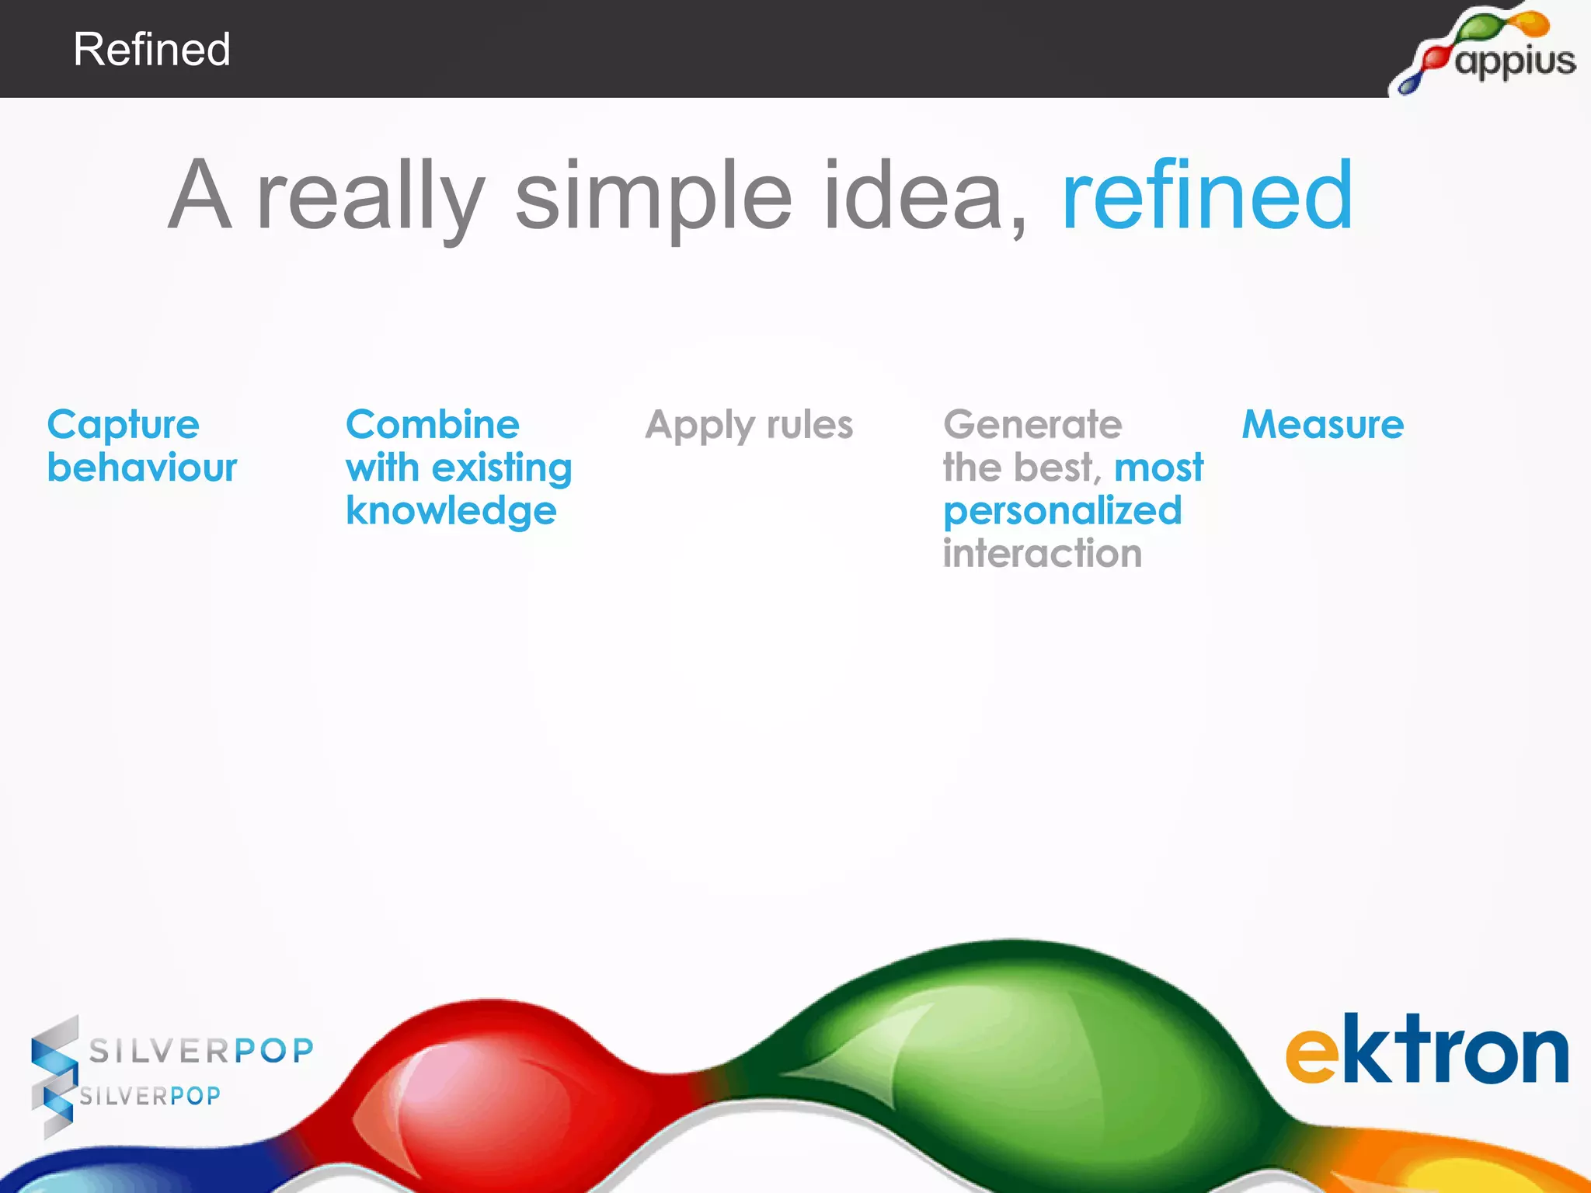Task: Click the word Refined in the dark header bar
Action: point(151,50)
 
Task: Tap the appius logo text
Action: point(1515,61)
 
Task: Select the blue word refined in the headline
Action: point(1207,196)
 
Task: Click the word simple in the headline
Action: point(653,199)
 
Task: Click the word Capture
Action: point(124,426)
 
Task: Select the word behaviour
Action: point(142,468)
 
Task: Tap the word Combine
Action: point(433,425)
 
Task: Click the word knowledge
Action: point(451,511)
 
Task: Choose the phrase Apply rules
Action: point(749,426)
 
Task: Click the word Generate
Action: point(1032,425)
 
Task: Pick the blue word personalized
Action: point(1062,512)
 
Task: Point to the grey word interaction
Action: point(1043,554)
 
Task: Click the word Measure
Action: point(1323,425)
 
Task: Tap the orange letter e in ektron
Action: point(1311,1055)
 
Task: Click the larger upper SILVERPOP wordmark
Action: point(201,1051)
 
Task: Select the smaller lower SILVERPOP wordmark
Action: point(150,1096)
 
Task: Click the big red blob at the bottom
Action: point(497,1087)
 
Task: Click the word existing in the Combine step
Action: point(502,468)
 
